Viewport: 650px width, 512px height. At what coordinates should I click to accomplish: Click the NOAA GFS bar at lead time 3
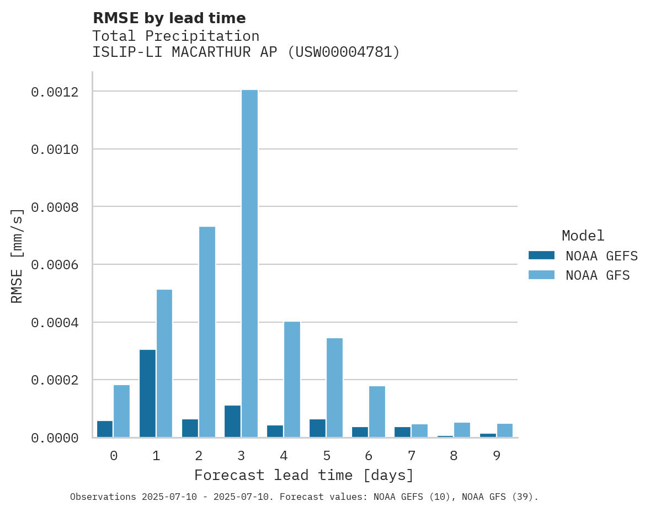[x=249, y=263]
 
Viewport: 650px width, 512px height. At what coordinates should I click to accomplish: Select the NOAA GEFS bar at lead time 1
[x=147, y=393]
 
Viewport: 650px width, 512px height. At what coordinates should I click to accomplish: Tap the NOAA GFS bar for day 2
[x=207, y=332]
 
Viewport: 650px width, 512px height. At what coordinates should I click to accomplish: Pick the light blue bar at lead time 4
[x=292, y=379]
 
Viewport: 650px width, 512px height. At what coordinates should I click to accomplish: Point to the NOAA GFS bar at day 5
[x=334, y=387]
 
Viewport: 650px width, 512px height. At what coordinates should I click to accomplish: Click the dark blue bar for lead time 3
[x=232, y=421]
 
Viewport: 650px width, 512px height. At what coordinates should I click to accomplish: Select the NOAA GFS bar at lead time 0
[x=122, y=411]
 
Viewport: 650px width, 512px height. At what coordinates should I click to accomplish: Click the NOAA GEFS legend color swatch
[x=541, y=255]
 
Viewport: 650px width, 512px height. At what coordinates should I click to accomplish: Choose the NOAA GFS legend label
[x=598, y=275]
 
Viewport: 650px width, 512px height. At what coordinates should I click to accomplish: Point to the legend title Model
[x=583, y=236]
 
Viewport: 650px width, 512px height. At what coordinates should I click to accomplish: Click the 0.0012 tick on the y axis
[x=54, y=92]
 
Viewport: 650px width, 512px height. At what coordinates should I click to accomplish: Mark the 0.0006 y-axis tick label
[x=54, y=265]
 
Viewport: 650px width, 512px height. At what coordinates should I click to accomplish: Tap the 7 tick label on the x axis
[x=411, y=456]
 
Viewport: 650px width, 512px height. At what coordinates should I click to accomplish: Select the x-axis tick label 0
[x=114, y=456]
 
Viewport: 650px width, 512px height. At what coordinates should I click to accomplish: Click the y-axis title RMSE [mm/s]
[x=17, y=255]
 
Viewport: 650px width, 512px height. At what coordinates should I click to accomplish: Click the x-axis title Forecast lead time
[x=304, y=475]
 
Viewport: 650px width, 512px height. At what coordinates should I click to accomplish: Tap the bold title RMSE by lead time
[x=169, y=18]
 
